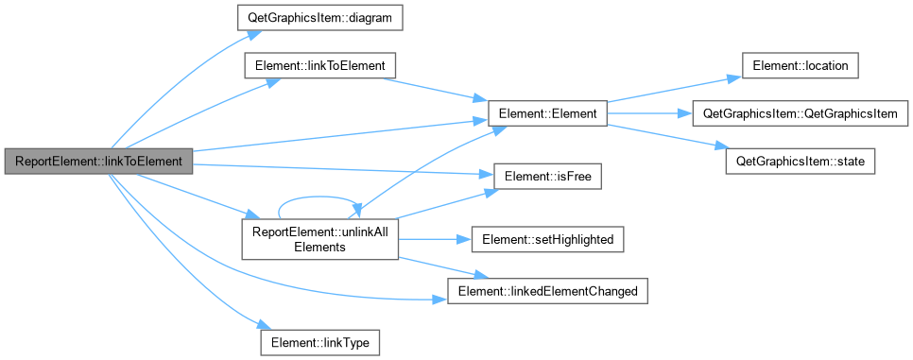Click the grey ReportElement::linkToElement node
98,161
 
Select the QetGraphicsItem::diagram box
319,19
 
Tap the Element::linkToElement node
319,66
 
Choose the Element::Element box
547,113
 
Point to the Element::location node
800,66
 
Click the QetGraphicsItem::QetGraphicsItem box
800,113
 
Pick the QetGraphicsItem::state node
800,161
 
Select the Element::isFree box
547,177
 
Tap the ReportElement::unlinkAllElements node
319,240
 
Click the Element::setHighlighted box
547,240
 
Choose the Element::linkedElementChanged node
547,291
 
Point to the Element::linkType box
319,342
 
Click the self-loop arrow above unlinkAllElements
319,197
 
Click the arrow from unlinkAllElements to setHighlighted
435,240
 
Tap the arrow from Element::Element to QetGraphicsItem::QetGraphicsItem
650,113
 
